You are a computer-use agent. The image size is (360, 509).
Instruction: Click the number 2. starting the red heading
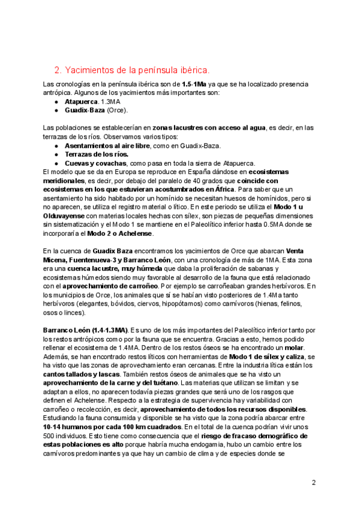58,70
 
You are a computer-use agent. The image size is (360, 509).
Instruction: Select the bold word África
221,188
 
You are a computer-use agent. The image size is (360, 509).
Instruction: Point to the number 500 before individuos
51,436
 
